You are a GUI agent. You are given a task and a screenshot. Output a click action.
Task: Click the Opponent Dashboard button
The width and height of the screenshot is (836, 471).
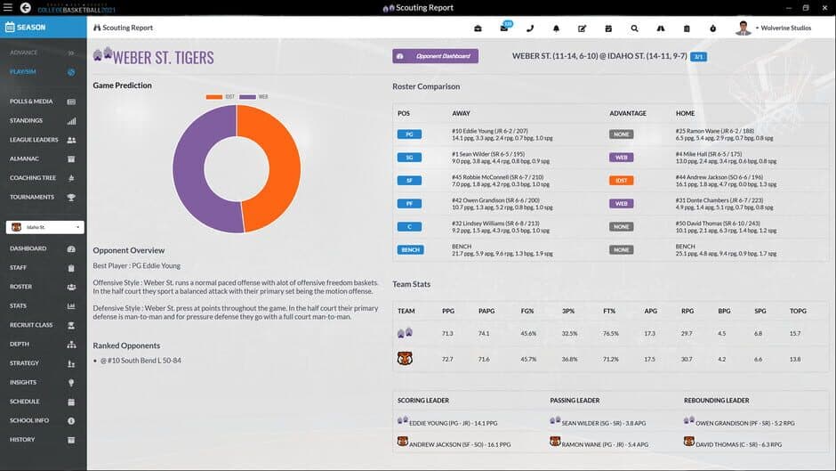(435, 56)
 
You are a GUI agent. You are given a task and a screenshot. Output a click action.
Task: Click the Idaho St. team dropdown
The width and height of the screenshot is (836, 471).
(44, 227)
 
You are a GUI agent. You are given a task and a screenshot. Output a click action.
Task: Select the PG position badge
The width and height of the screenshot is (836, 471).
(409, 134)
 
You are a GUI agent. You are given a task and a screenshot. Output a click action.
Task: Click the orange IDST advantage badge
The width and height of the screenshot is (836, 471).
(621, 180)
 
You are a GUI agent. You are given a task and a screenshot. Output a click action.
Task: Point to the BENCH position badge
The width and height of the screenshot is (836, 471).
(410, 250)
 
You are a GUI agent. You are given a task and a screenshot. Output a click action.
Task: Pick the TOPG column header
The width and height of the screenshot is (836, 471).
(798, 311)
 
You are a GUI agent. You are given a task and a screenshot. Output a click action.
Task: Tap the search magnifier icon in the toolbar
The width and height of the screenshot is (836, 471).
(634, 28)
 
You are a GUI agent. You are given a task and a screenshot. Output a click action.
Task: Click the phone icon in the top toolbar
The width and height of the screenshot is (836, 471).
(530, 28)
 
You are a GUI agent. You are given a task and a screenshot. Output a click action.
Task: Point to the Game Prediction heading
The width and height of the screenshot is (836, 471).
(122, 85)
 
